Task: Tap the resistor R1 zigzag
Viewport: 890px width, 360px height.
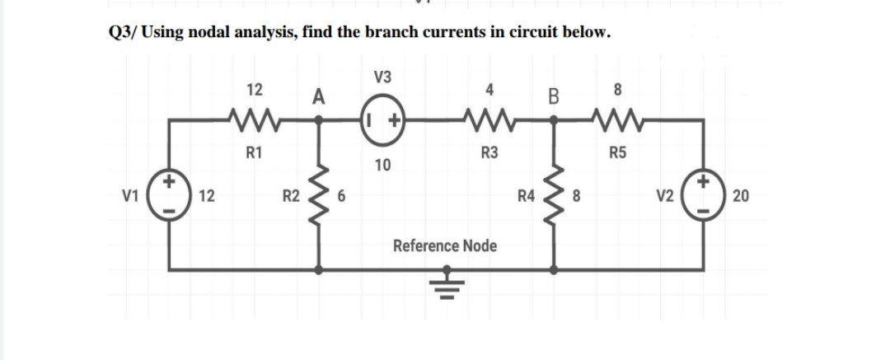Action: coord(254,120)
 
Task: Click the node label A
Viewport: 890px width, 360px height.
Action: coord(318,97)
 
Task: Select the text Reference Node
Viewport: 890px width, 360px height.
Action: coord(445,245)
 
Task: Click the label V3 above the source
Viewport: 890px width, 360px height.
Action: coord(382,78)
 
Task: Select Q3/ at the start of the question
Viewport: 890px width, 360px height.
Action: coord(124,33)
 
